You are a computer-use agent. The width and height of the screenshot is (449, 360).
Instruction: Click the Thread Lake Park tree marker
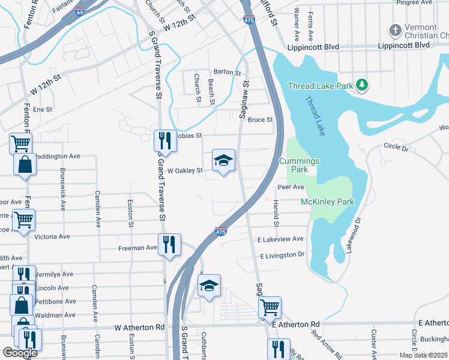point(362,85)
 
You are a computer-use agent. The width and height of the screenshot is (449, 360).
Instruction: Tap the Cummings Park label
point(299,165)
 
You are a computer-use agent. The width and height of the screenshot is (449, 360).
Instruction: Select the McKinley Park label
point(328,202)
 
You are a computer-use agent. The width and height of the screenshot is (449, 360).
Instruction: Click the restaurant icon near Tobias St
point(165,141)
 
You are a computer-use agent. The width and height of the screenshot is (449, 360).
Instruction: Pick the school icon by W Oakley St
point(223,160)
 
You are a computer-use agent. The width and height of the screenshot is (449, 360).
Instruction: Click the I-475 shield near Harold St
point(221,231)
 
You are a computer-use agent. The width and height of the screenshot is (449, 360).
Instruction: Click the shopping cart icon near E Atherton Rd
point(270,307)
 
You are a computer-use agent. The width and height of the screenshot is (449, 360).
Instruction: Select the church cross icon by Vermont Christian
point(395,29)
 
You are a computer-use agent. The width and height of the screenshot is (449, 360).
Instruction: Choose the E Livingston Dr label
point(283,255)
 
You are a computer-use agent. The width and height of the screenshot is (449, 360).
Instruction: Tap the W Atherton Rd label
point(139,328)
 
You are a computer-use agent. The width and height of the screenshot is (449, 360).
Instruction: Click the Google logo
point(20,353)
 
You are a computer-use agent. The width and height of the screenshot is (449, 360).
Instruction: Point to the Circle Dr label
point(396,147)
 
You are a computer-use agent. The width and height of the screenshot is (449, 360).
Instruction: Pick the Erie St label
point(43,109)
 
